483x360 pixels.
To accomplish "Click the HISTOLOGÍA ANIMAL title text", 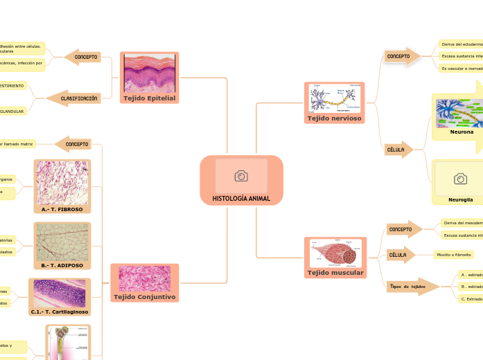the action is tap(241, 199).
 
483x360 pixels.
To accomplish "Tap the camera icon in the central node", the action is tap(241, 176).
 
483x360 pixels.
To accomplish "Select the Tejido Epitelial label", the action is tap(149, 98).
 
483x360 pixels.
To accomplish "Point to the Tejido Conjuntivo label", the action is tap(144, 297).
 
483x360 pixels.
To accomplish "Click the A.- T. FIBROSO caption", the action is tap(62, 208).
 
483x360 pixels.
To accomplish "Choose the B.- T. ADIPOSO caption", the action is tap(62, 265).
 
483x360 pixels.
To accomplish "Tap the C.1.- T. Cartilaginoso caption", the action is tap(60, 312).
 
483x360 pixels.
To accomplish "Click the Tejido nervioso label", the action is tap(335, 118).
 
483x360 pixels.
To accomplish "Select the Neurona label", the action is tap(462, 132).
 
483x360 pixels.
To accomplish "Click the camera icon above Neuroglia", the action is tap(460, 179).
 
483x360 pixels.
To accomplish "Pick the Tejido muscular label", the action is tap(335, 273).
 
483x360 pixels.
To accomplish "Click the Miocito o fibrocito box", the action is tap(453, 255).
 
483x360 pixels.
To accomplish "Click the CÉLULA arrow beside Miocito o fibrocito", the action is tap(400, 255).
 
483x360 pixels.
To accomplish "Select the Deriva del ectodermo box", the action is tap(462, 44).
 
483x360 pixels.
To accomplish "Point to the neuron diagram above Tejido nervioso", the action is tap(335, 98).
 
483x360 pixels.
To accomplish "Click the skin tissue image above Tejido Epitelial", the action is tap(149, 73).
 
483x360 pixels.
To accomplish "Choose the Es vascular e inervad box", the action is tap(462, 68).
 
